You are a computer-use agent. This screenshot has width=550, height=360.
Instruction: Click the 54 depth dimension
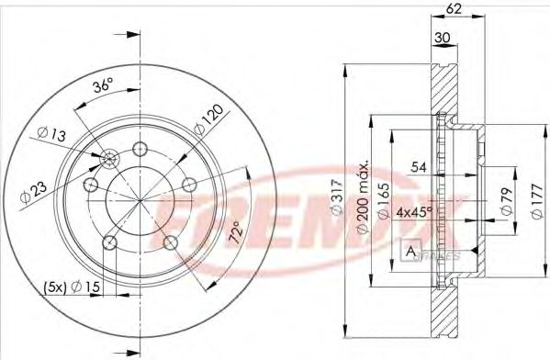coord(419,168)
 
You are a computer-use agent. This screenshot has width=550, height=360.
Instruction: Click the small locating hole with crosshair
coord(108,161)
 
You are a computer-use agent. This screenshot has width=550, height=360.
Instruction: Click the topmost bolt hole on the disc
coord(140,150)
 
